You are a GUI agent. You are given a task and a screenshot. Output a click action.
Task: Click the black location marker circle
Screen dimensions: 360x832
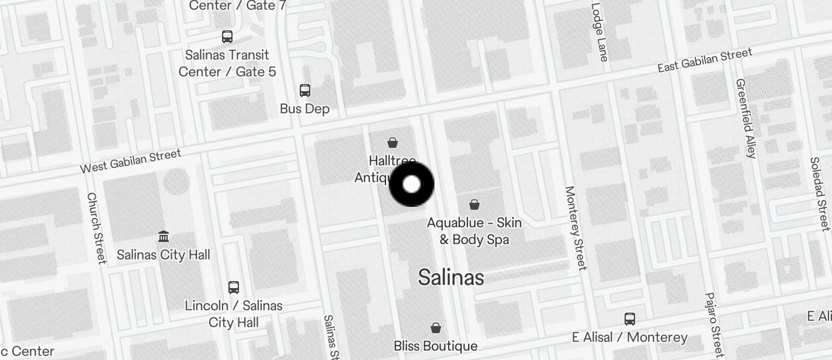[411, 184]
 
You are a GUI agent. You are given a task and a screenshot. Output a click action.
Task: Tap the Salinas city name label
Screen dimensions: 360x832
[451, 278]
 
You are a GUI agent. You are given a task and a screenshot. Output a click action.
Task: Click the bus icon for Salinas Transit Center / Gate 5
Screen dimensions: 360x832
[227, 37]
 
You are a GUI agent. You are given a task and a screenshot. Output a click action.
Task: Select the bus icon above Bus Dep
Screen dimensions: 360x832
[304, 91]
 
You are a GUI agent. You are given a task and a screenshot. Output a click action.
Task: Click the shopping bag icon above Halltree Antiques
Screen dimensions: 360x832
[393, 142]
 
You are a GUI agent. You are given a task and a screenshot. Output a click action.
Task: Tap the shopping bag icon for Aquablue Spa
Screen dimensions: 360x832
[474, 205]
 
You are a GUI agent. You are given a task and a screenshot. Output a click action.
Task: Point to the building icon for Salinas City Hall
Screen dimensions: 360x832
[164, 237]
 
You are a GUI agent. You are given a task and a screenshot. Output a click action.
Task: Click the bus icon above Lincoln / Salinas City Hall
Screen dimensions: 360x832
[234, 288]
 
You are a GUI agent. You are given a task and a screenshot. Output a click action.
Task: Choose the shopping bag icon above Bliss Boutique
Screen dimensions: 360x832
[435, 328]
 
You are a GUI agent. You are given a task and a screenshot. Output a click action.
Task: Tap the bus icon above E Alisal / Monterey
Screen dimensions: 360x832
[629, 319]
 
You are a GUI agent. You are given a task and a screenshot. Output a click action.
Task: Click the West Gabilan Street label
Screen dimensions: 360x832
[130, 161]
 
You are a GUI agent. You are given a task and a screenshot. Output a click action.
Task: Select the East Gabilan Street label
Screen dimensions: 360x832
[705, 61]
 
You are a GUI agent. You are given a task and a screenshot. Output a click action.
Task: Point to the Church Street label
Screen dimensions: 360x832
[96, 228]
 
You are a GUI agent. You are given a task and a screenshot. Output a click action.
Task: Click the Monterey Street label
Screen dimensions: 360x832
[576, 228]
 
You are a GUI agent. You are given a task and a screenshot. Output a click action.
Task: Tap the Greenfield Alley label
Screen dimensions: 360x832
[746, 118]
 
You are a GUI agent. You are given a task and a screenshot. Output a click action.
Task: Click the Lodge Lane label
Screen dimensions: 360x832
[600, 32]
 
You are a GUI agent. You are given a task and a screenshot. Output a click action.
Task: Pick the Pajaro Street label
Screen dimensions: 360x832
[714, 325]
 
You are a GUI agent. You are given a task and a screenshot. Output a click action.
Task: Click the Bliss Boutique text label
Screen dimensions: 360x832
[435, 346]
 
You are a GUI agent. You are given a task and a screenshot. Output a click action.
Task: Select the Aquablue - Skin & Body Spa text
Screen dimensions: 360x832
[474, 231]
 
